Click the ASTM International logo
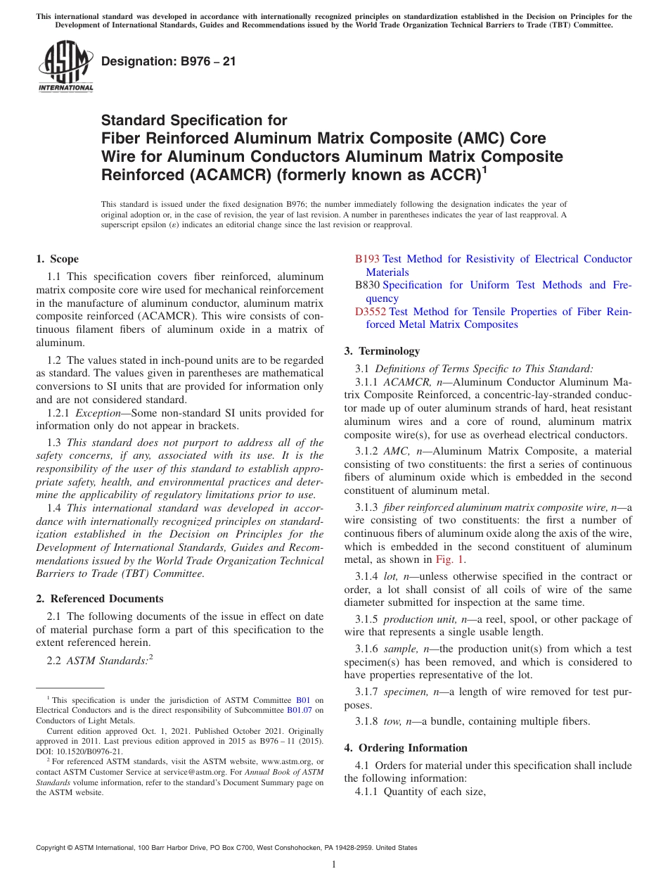coord(65,66)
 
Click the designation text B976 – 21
coord(168,62)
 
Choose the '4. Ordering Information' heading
coord(406,748)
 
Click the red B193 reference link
coord(367,259)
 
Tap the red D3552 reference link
coord(370,312)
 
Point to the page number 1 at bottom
coord(334,864)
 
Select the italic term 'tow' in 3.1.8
coord(391,721)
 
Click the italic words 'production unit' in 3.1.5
coord(419,619)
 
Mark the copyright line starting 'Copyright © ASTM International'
coord(226,848)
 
